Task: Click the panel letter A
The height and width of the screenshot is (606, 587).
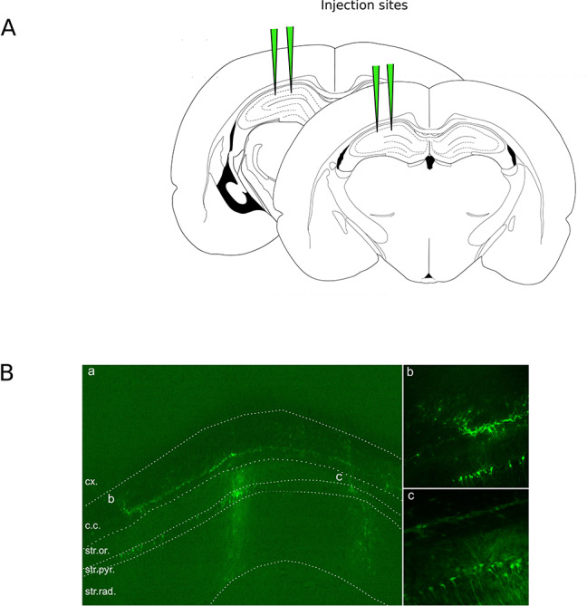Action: click(8, 27)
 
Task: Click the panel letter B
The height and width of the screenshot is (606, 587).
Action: click(8, 372)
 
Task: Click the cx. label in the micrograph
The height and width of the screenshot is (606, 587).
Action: click(92, 481)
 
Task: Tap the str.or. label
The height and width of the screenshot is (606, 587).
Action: click(98, 550)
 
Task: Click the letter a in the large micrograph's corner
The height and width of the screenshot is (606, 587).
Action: click(91, 371)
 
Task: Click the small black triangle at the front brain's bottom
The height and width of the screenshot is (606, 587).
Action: click(428, 274)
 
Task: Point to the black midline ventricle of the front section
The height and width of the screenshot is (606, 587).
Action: click(428, 162)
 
